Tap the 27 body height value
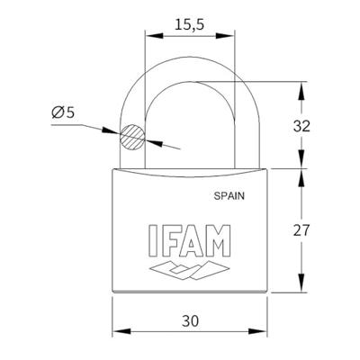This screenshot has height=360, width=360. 302,230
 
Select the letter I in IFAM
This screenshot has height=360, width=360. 148,238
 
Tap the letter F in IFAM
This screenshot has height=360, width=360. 166,238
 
